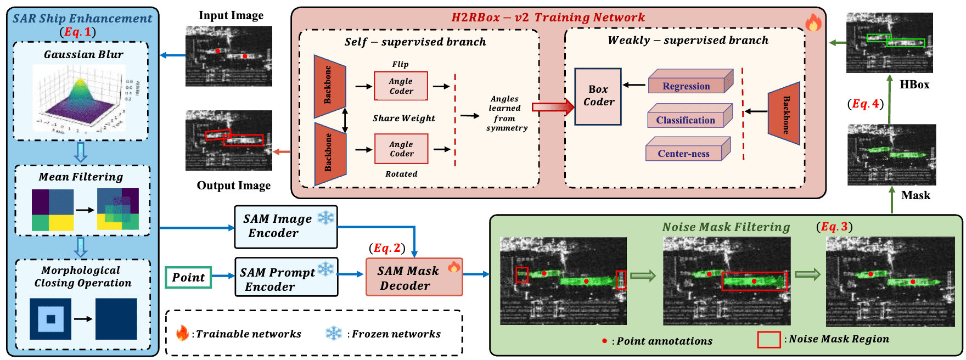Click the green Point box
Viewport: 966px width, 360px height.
[x=188, y=277]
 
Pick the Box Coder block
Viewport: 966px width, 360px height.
[x=598, y=97]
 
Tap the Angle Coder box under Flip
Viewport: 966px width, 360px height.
[x=401, y=86]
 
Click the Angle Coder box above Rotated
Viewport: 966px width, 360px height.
[x=401, y=149]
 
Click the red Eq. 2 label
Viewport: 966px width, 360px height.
[x=387, y=248]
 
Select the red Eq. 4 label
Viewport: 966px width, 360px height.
[x=866, y=104]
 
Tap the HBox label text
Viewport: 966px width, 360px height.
[x=914, y=85]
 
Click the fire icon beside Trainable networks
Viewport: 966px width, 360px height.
[x=182, y=333]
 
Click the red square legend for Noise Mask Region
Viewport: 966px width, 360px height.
[x=769, y=340]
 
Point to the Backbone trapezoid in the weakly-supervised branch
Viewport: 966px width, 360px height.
[x=784, y=114]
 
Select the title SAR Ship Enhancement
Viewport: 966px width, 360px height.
[x=82, y=19]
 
